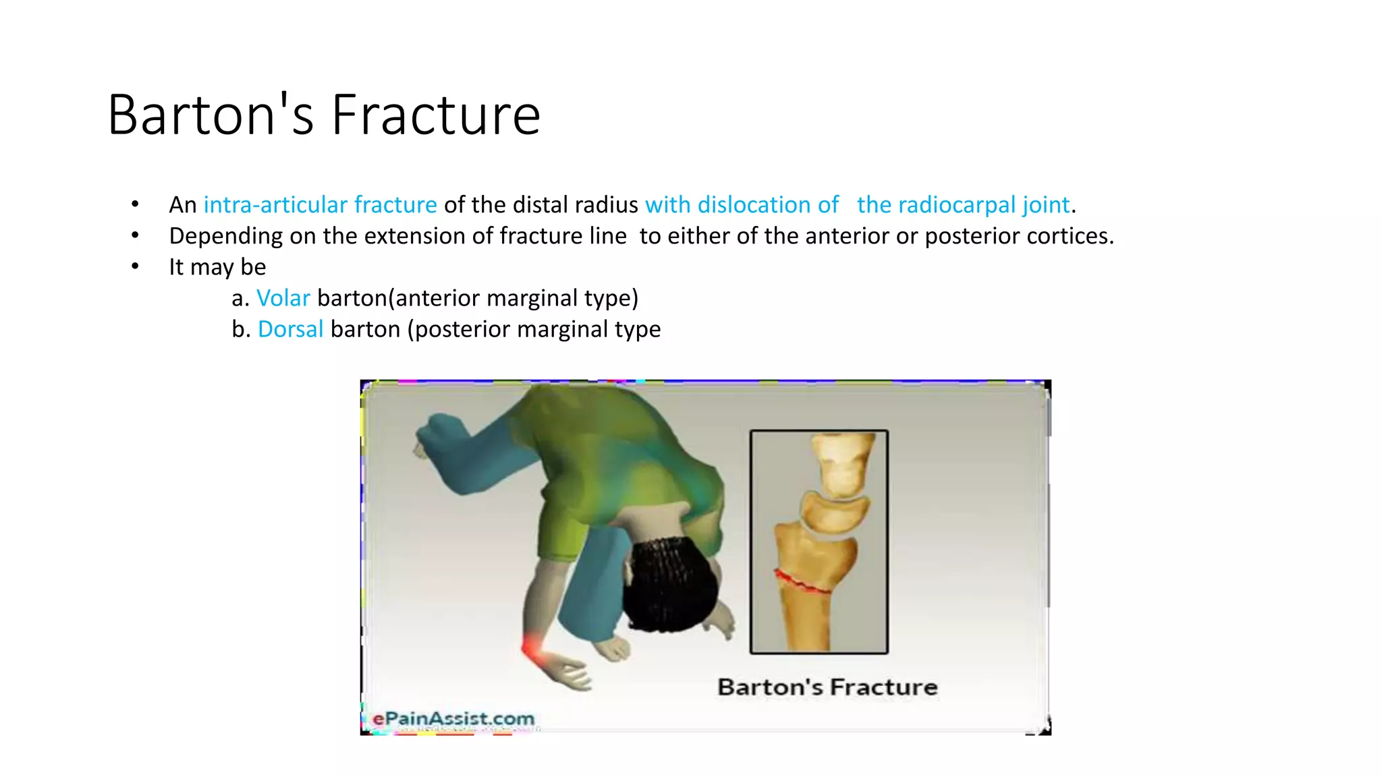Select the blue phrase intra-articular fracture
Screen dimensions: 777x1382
(x=320, y=205)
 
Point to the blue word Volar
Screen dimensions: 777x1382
(x=283, y=298)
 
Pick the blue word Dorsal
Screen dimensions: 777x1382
(x=290, y=329)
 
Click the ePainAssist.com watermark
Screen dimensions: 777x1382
(x=453, y=719)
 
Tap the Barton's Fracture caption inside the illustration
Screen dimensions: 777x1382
(x=827, y=687)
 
